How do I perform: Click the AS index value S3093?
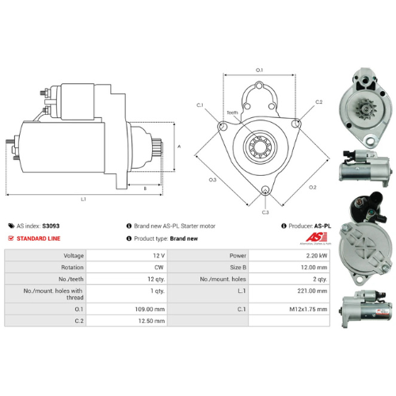point(50,226)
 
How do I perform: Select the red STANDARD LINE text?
point(37,238)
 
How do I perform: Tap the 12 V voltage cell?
point(158,256)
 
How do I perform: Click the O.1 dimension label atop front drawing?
point(259,71)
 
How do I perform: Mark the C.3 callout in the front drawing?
point(265,211)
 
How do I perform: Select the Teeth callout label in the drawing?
point(231,112)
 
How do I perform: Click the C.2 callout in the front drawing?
point(318,102)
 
